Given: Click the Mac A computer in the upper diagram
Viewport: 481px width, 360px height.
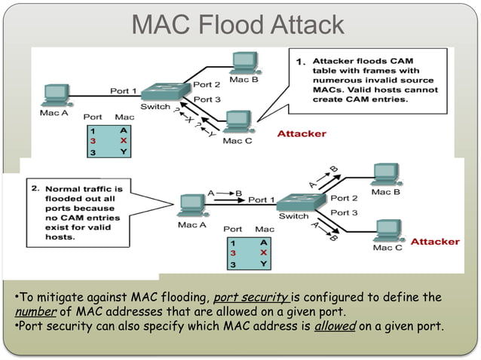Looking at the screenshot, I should [55, 94].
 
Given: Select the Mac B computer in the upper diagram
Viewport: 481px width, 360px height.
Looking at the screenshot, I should [244, 62].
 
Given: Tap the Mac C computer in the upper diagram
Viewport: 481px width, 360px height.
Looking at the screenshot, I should [237, 121].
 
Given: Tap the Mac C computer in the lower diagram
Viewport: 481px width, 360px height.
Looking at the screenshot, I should [388, 230].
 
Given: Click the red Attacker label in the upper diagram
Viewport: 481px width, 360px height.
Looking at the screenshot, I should [302, 133].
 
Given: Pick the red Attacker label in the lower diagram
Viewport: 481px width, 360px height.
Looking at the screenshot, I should [434, 242].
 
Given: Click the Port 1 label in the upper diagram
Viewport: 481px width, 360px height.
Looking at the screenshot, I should [124, 91].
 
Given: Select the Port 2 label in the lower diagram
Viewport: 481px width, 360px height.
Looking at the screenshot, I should [344, 198].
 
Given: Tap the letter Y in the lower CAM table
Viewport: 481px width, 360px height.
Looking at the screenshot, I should [263, 264].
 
